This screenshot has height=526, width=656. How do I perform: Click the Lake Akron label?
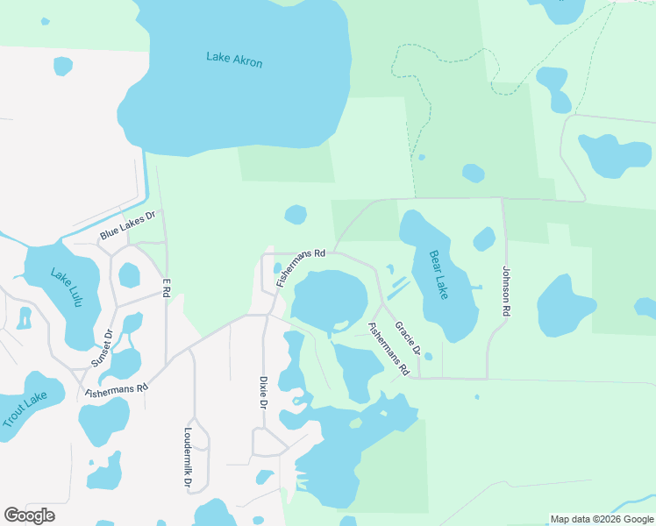click(x=234, y=59)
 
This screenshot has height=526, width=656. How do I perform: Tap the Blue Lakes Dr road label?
click(x=127, y=225)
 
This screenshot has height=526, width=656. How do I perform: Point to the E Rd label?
click(x=166, y=287)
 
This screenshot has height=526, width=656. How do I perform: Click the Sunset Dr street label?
click(x=103, y=348)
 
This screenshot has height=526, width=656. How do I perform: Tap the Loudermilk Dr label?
click(x=189, y=458)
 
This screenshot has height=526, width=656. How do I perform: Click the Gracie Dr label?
click(x=408, y=339)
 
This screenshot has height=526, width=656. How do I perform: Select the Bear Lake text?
click(x=438, y=274)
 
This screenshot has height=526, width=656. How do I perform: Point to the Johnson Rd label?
click(x=506, y=291)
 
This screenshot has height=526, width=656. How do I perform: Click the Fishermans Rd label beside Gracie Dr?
click(x=389, y=349)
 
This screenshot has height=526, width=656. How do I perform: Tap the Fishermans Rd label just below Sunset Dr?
click(x=117, y=388)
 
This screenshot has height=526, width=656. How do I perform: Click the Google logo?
click(x=29, y=515)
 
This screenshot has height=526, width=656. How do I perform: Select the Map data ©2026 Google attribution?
click(x=602, y=519)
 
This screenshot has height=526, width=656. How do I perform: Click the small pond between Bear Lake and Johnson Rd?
click(x=484, y=238)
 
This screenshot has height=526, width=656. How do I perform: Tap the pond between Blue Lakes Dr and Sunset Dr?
click(x=129, y=275)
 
